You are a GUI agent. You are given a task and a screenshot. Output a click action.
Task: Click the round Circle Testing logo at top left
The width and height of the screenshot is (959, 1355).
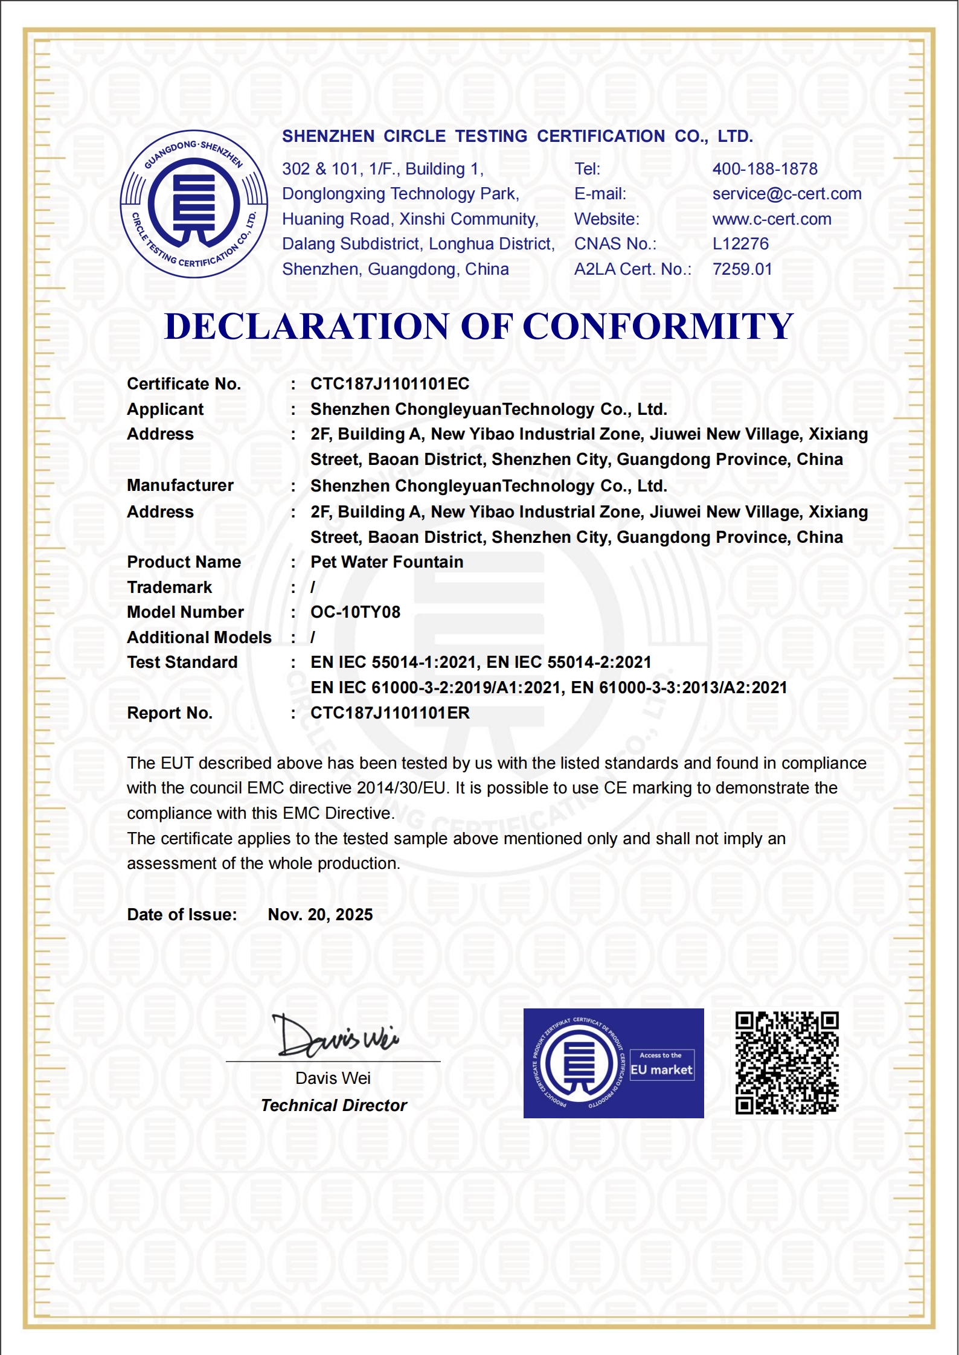tap(194, 204)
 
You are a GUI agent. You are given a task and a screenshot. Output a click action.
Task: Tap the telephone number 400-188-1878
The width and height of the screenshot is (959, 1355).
tap(765, 169)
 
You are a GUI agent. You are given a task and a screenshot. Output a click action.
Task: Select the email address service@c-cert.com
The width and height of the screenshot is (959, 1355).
tap(786, 194)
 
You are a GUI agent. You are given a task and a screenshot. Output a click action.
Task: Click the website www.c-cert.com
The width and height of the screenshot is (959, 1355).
tap(771, 219)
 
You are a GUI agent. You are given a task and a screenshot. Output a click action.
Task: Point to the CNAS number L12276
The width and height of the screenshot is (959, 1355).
tap(740, 244)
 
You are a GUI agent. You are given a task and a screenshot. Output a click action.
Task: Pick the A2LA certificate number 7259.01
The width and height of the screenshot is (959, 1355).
tap(742, 269)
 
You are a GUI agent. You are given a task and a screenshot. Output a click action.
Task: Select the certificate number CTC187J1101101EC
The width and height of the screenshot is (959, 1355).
tap(390, 384)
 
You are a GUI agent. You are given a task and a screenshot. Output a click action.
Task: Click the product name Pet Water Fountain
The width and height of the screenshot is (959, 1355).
tap(386, 562)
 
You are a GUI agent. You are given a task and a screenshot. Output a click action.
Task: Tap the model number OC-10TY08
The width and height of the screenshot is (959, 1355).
tap(355, 612)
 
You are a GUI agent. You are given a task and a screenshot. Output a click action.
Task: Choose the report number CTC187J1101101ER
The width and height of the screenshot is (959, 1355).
tap(390, 713)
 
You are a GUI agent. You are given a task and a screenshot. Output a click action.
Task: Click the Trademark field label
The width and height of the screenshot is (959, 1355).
tap(170, 588)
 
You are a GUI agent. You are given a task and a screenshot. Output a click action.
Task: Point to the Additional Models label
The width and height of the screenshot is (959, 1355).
tap(199, 638)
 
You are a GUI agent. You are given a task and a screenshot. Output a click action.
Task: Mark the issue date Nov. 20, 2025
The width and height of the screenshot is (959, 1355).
tap(320, 915)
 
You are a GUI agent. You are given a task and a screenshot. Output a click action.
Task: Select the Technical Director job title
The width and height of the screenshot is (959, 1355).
tap(334, 1106)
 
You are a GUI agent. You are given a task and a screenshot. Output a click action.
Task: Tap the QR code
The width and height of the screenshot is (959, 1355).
tap(786, 1063)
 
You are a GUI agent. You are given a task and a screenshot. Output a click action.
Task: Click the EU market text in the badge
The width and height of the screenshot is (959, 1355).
tap(661, 1070)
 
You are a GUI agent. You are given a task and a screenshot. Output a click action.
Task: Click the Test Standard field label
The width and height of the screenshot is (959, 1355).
tap(182, 662)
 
